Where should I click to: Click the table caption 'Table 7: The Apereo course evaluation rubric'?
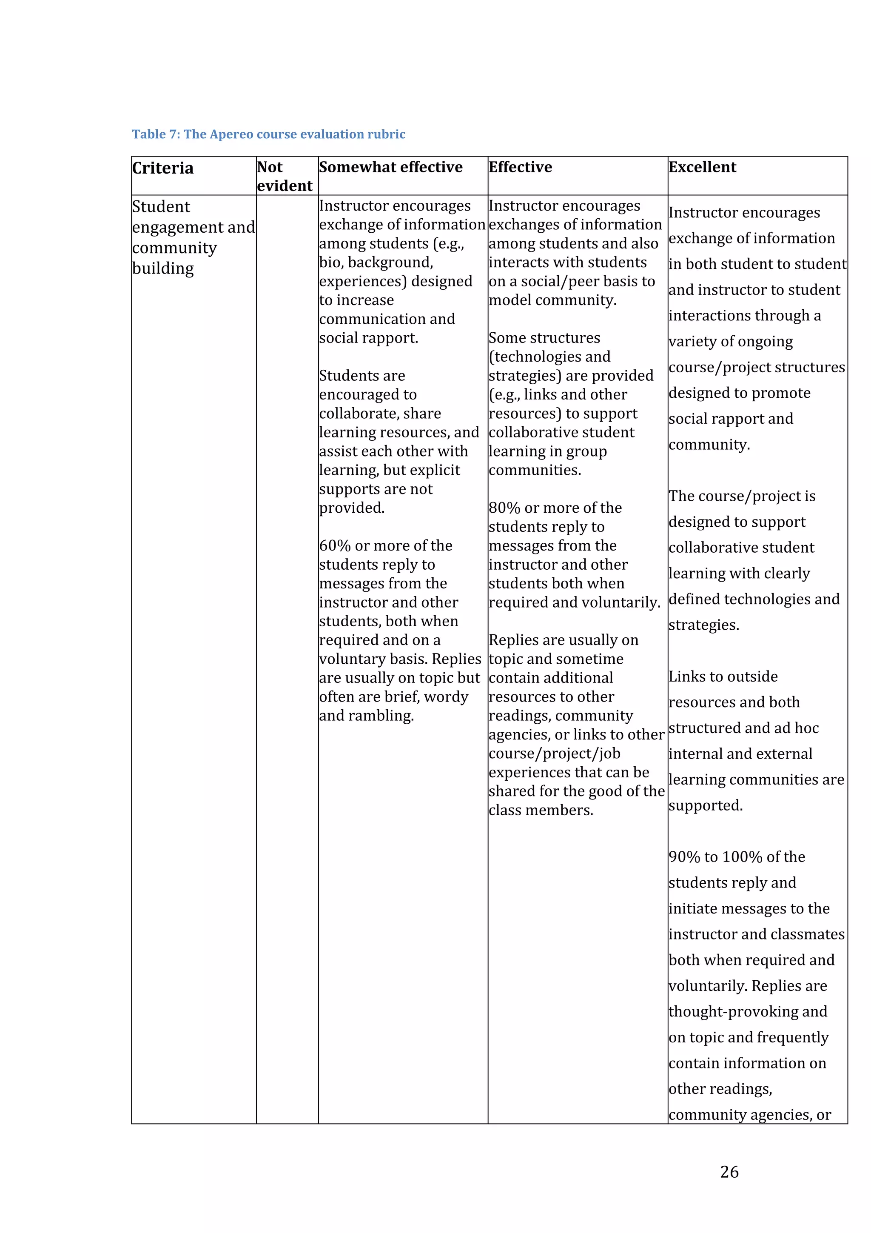pyautogui.click(x=268, y=134)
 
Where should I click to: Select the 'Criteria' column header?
pyautogui.click(x=162, y=168)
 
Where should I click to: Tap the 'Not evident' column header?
pyautogui.click(x=284, y=176)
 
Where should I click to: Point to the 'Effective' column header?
pyautogui.click(x=520, y=167)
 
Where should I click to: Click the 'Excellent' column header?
pyautogui.click(x=702, y=167)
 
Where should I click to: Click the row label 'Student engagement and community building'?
pyautogui.click(x=193, y=237)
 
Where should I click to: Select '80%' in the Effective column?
pyautogui.click(x=504, y=508)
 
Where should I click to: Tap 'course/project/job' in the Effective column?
pyautogui.click(x=555, y=753)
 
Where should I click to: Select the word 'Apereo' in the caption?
pyautogui.click(x=233, y=134)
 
